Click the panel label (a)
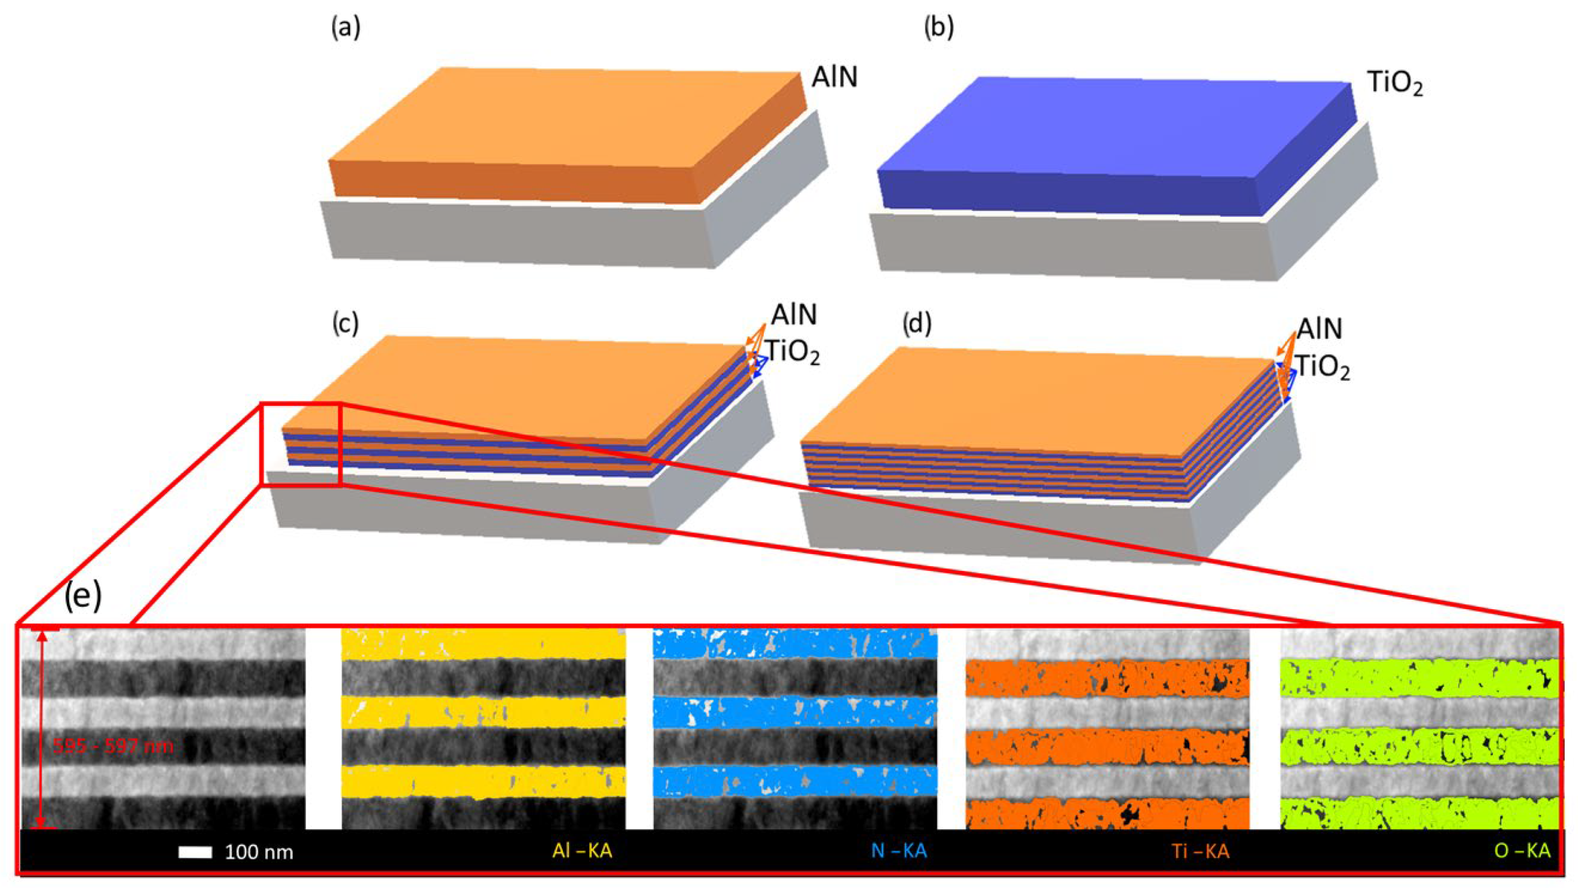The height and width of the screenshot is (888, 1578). (x=346, y=28)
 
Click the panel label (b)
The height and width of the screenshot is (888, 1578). (x=938, y=28)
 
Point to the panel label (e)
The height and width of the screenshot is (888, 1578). (x=83, y=596)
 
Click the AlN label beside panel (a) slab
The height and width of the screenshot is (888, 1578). (x=834, y=77)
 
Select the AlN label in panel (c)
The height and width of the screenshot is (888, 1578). (x=794, y=315)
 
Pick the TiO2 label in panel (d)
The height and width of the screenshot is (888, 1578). (x=1324, y=369)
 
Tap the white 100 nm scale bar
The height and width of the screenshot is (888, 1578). (x=195, y=852)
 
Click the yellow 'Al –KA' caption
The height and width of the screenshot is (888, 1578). (x=582, y=851)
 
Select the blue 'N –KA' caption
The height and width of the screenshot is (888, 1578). (x=899, y=851)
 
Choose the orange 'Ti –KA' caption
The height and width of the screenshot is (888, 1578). (x=1200, y=851)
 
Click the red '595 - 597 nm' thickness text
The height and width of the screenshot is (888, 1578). (x=114, y=746)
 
